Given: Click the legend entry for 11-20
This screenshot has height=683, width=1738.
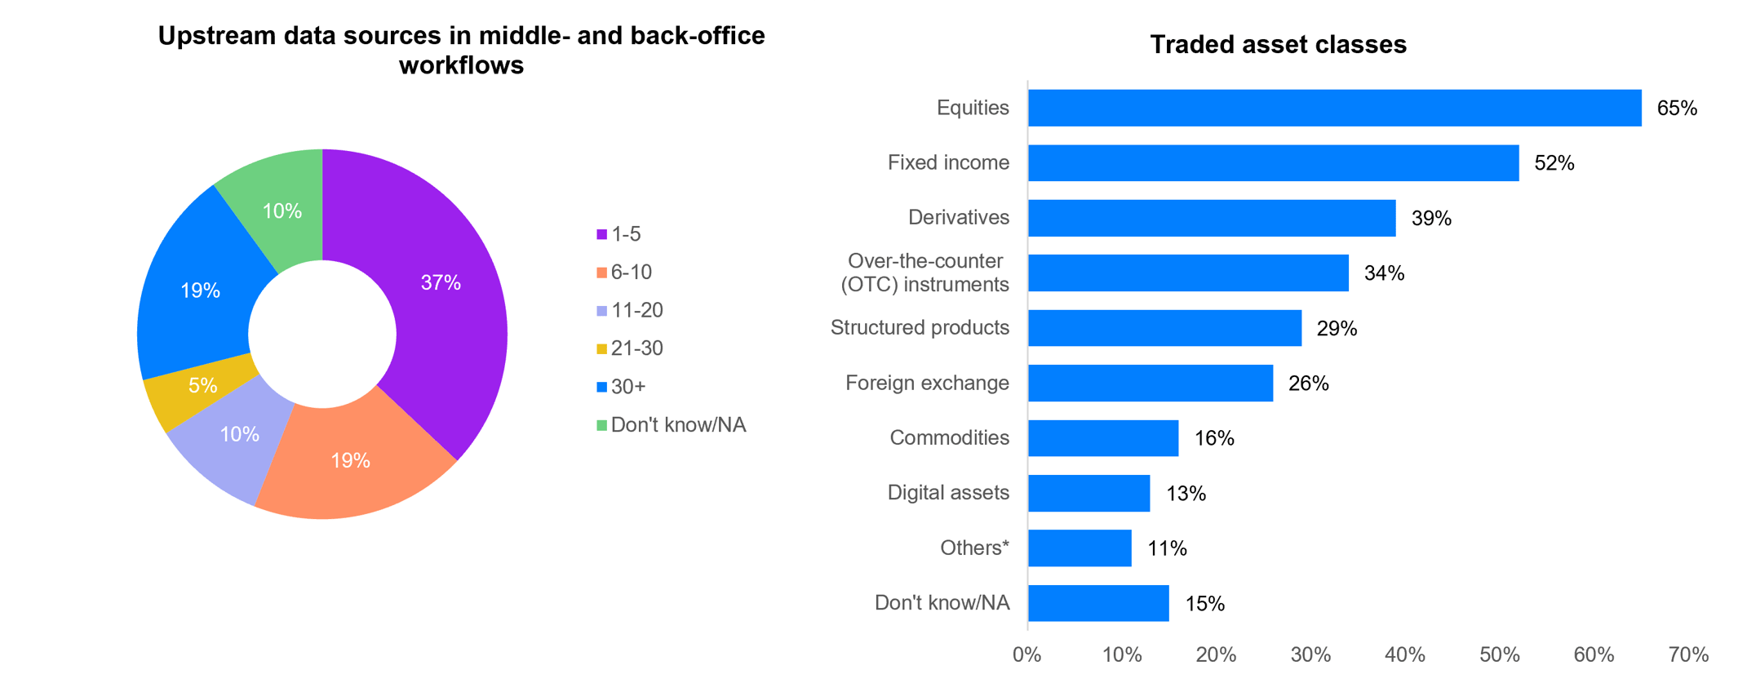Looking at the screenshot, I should click(629, 310).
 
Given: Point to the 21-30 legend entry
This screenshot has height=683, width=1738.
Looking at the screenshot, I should click(629, 348).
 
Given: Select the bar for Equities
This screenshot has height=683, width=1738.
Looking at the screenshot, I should click(1334, 108).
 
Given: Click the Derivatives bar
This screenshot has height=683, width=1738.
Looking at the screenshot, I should click(1212, 218).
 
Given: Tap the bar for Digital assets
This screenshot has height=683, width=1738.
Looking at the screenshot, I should click(1088, 493).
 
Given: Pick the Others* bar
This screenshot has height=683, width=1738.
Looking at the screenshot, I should click(1080, 548).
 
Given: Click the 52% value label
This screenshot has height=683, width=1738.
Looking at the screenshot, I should click(1554, 163).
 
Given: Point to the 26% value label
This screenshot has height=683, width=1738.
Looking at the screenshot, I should click(1308, 384).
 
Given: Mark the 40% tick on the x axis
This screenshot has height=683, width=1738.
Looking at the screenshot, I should click(1405, 654).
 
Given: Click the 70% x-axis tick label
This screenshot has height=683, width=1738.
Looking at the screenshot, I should click(1688, 654).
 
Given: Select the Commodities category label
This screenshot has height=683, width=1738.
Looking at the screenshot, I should click(949, 438).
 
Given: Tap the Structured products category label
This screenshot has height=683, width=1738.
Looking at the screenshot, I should click(920, 328).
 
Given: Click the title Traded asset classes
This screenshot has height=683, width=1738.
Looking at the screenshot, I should click(1278, 44).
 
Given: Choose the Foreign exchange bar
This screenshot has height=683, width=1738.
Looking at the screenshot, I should click(1150, 383).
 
